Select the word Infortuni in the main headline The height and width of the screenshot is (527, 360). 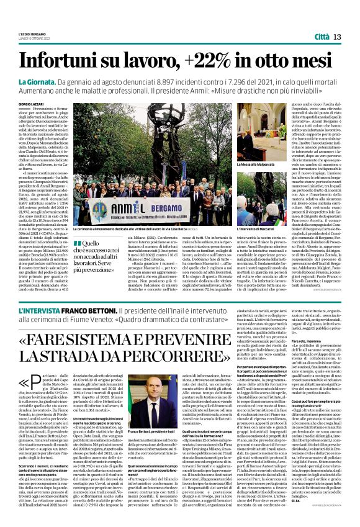point(65,61)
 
